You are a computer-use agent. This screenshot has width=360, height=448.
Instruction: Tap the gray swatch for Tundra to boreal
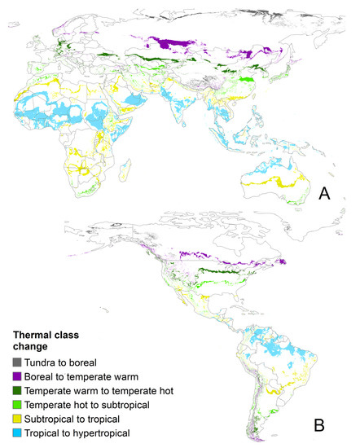click(17, 362)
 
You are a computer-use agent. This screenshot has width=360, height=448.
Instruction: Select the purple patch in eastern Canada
click(282, 262)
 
